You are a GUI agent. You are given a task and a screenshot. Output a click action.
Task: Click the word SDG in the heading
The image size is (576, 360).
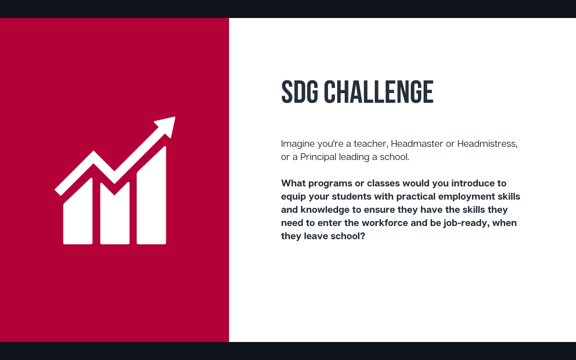click(x=300, y=92)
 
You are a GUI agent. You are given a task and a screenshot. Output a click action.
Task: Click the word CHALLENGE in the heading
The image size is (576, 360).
click(x=379, y=92)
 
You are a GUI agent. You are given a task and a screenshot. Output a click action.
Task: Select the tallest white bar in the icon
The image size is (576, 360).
click(x=152, y=196)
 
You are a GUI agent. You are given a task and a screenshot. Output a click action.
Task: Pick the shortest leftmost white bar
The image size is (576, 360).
click(x=78, y=211)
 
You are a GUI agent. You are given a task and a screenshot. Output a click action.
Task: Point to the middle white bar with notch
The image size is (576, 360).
click(x=115, y=214)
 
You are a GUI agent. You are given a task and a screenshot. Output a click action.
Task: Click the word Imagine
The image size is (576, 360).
click(x=298, y=144)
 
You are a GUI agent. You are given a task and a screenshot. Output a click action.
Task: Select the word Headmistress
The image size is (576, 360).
click(x=487, y=144)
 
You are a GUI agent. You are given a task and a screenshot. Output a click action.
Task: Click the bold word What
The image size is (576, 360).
click(x=294, y=183)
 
